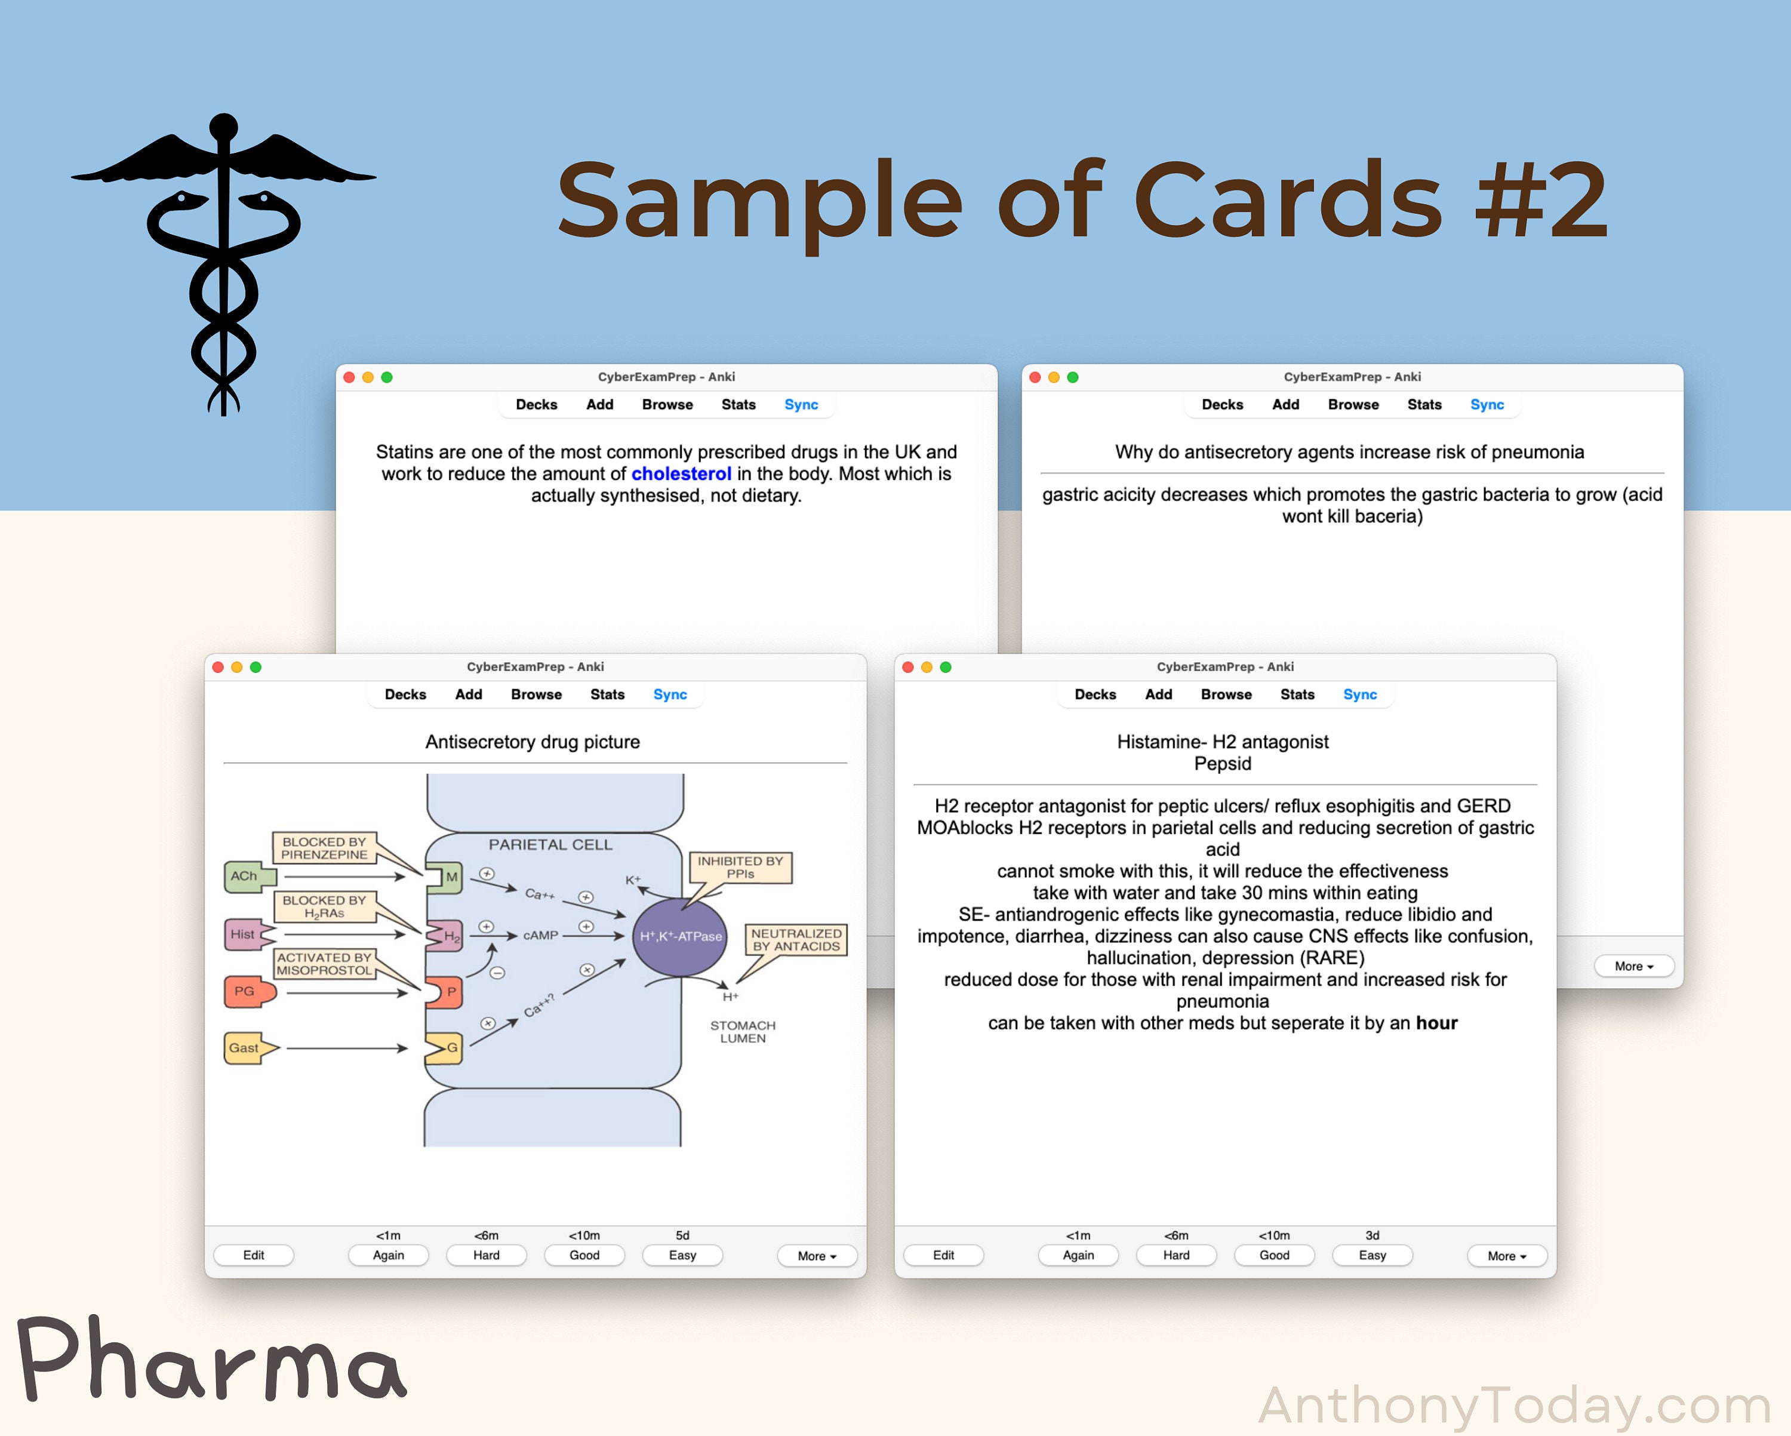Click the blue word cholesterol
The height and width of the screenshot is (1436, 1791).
[x=681, y=473]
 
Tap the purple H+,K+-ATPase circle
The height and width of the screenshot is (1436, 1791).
[x=679, y=937]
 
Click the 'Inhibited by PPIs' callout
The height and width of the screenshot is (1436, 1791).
[x=740, y=868]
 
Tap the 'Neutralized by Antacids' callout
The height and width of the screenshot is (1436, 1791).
[x=796, y=940]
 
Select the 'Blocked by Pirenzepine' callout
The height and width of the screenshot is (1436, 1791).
[x=324, y=848]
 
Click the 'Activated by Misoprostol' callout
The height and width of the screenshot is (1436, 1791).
[x=324, y=964]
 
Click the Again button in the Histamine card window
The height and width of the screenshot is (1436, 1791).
[x=1078, y=1255]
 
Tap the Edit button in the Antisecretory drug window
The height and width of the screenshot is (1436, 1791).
[x=253, y=1255]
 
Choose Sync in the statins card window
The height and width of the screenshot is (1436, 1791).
[x=801, y=405]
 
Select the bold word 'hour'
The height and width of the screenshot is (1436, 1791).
[x=1436, y=1023]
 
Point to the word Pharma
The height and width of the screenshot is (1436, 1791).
[x=212, y=1360]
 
